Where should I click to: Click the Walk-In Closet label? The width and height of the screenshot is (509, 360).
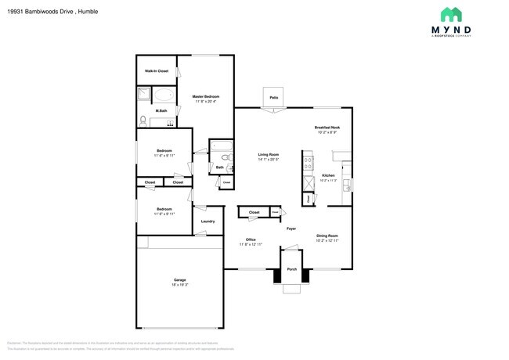click(156, 71)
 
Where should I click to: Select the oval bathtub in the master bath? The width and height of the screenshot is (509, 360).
click(164, 95)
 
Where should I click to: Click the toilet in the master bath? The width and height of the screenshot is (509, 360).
click(143, 121)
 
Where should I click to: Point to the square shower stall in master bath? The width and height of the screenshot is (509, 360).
click(145, 95)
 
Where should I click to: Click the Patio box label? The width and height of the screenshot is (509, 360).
click(274, 97)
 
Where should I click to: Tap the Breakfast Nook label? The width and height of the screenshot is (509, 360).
click(327, 128)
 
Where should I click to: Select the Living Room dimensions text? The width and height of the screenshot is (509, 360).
click(269, 160)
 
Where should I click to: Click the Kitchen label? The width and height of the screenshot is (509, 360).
click(329, 175)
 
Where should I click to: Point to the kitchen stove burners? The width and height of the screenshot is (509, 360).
click(305, 164)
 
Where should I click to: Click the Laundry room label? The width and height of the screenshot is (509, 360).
click(208, 221)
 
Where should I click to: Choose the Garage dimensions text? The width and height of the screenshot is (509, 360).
click(179, 285)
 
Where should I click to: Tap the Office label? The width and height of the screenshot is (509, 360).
click(251, 239)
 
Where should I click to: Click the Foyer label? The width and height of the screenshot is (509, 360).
click(291, 229)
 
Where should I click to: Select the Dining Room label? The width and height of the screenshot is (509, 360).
click(327, 236)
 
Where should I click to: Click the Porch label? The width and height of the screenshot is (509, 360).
click(291, 270)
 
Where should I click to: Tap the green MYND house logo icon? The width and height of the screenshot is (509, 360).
click(451, 14)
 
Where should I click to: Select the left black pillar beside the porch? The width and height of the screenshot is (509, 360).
click(276, 275)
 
